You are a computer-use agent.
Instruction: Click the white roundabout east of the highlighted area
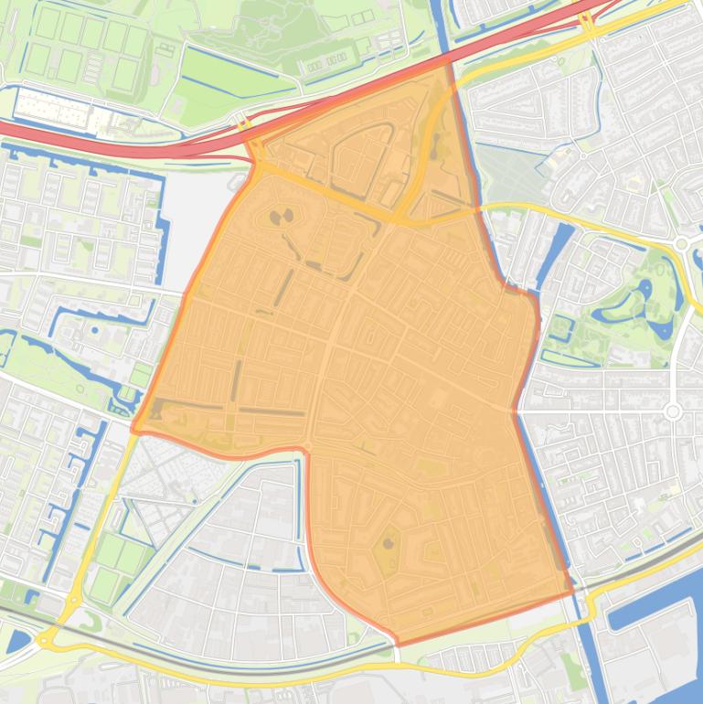(674, 412)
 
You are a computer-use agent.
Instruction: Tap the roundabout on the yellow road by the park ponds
(681, 243)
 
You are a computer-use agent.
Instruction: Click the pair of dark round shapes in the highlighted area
(281, 218)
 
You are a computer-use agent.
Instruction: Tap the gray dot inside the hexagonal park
(388, 544)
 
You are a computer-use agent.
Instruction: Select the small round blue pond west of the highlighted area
(95, 331)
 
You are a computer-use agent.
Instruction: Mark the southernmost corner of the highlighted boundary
(398, 643)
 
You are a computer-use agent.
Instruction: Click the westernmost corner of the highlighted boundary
(133, 429)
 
